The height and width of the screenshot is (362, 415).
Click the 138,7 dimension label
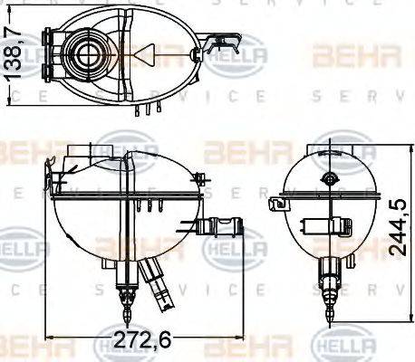point(13,53)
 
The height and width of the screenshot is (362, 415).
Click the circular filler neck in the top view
point(89,53)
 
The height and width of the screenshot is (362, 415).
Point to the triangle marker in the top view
point(146,54)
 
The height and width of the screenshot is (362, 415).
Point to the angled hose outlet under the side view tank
point(155,280)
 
